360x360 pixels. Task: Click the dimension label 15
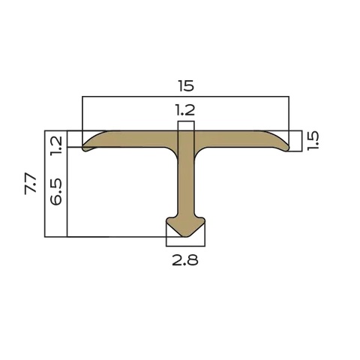coord(186,85)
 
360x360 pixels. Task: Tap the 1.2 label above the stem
coord(185,110)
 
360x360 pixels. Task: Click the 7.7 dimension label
coord(31,184)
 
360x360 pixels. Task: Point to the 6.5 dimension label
coord(56,191)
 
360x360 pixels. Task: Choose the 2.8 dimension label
coord(185,260)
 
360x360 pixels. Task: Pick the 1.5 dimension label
coord(313,141)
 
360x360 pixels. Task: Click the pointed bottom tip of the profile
coord(185,236)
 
